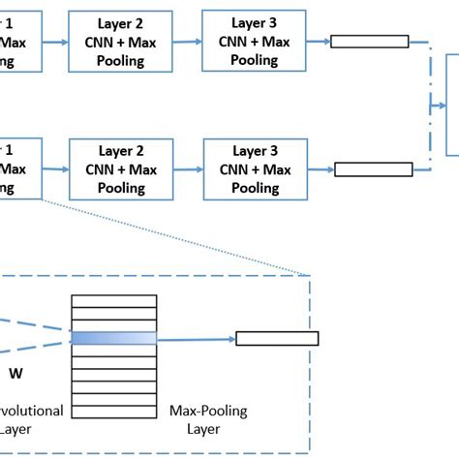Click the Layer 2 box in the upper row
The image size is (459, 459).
[121, 43]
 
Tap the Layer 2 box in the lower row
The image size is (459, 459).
[121, 168]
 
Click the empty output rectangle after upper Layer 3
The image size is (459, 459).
[368, 42]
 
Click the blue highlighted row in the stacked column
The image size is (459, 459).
[114, 338]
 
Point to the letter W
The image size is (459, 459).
[15, 372]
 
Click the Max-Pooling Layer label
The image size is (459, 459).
[208, 419]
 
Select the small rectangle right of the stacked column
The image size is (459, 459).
[276, 339]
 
